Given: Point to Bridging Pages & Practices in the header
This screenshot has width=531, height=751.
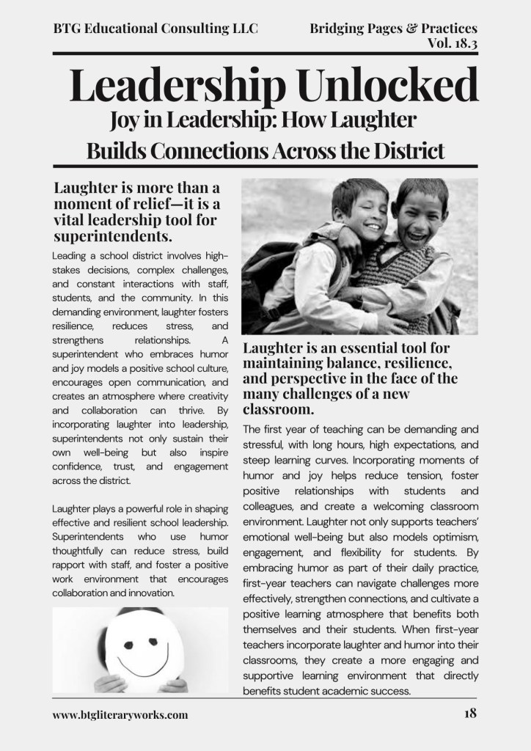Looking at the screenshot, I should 393,29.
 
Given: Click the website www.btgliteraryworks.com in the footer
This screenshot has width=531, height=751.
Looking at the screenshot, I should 120,714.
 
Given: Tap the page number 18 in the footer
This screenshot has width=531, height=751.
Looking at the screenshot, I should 469,713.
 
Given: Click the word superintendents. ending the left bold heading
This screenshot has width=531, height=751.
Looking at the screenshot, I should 113,237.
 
